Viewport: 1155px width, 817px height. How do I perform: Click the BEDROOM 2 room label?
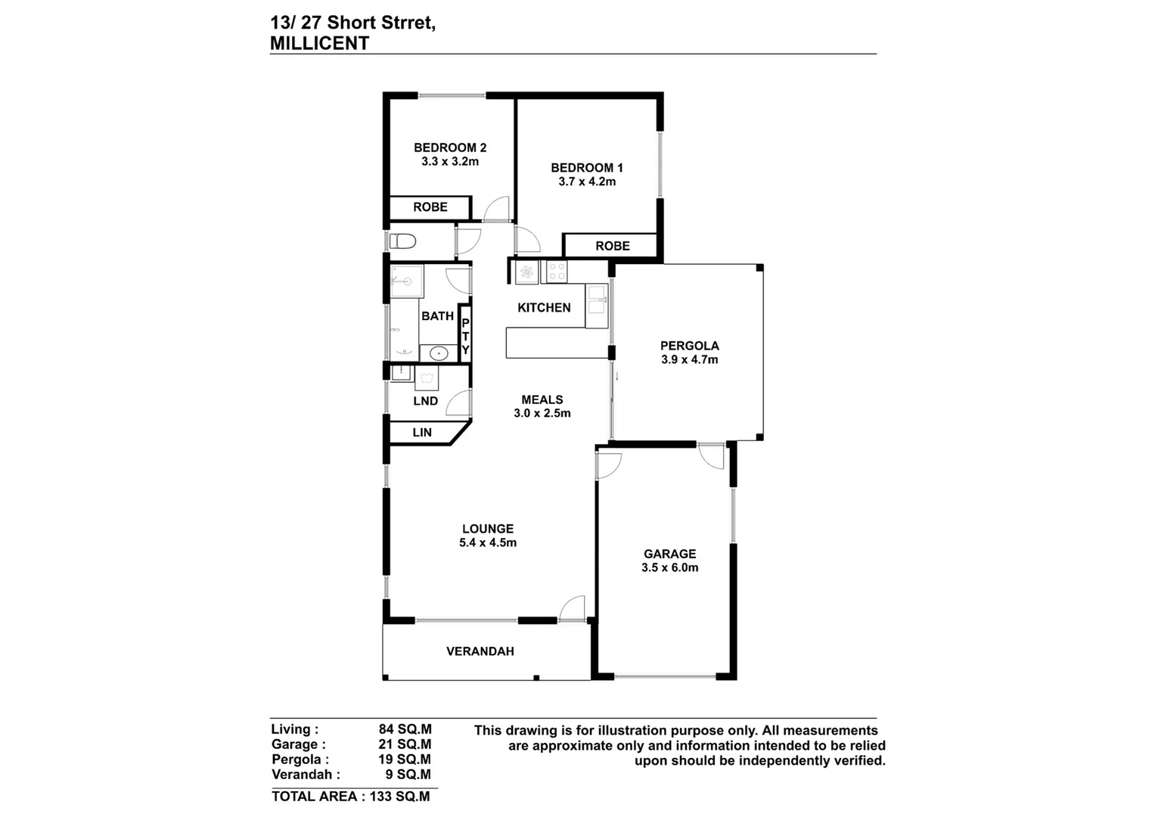(449, 148)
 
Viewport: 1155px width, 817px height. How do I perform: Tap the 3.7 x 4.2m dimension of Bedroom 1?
(587, 182)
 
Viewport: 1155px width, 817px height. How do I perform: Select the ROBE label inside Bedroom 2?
(430, 207)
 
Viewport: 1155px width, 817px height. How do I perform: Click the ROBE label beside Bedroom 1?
(612, 246)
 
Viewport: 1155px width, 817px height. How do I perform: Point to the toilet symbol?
(403, 241)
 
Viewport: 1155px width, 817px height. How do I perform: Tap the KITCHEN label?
(544, 308)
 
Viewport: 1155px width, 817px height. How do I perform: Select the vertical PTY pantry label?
(465, 336)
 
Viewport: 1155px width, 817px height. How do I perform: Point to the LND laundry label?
(425, 401)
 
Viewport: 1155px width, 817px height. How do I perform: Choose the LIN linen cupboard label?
(422, 433)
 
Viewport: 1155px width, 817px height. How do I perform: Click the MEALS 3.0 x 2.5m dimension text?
(542, 414)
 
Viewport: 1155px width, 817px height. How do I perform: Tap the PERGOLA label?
(689, 346)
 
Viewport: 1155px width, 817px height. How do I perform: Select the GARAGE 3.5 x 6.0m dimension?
(669, 567)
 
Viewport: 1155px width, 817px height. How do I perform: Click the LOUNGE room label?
(488, 529)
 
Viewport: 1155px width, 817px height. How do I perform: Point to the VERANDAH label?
(480, 651)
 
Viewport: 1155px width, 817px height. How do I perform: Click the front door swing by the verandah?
(573, 608)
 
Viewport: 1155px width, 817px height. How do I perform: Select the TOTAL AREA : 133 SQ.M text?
(350, 796)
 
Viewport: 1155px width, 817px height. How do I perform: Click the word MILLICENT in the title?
(319, 43)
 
